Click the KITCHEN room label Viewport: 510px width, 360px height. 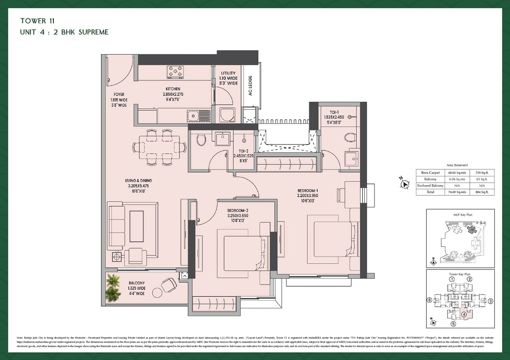(173, 89)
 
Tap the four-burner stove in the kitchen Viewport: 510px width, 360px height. (177, 71)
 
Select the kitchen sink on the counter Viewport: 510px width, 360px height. (194, 115)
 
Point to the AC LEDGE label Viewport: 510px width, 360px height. (250, 86)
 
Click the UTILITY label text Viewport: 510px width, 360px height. (228, 73)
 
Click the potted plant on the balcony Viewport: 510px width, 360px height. (112, 288)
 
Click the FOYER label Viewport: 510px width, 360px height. (119, 95)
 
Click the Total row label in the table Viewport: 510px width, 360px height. (430, 192)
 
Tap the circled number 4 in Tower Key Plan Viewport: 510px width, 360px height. (464, 314)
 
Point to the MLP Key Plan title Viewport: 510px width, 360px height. (460, 215)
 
